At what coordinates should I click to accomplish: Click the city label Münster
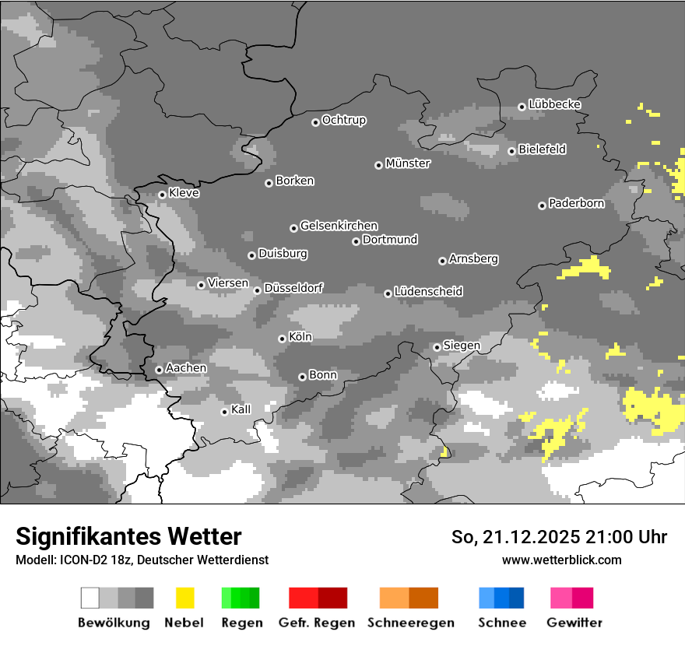coord(408,163)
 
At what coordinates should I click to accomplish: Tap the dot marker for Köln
coord(282,339)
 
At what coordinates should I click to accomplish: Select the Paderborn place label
coord(577,204)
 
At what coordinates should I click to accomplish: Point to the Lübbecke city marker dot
coord(522,107)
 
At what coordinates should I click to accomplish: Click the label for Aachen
coord(186,368)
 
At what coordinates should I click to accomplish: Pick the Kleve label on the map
coord(184,193)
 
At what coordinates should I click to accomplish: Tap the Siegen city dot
coord(437,347)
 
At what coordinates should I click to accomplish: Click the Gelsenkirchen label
coord(339,226)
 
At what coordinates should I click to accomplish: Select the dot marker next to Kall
coord(224,412)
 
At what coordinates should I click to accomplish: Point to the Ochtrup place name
coord(344,121)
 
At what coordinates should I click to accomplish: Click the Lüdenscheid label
coord(428,292)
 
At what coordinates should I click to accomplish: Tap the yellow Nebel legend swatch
coord(185,598)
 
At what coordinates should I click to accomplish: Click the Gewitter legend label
coord(574,623)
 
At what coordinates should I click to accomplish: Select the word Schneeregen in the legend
coord(411,623)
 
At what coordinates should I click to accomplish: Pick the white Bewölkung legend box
coord(90,598)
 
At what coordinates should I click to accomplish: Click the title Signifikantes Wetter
coord(128,537)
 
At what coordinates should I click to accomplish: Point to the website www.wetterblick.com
coord(561,560)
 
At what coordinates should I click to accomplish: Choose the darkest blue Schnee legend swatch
coord(517,598)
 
